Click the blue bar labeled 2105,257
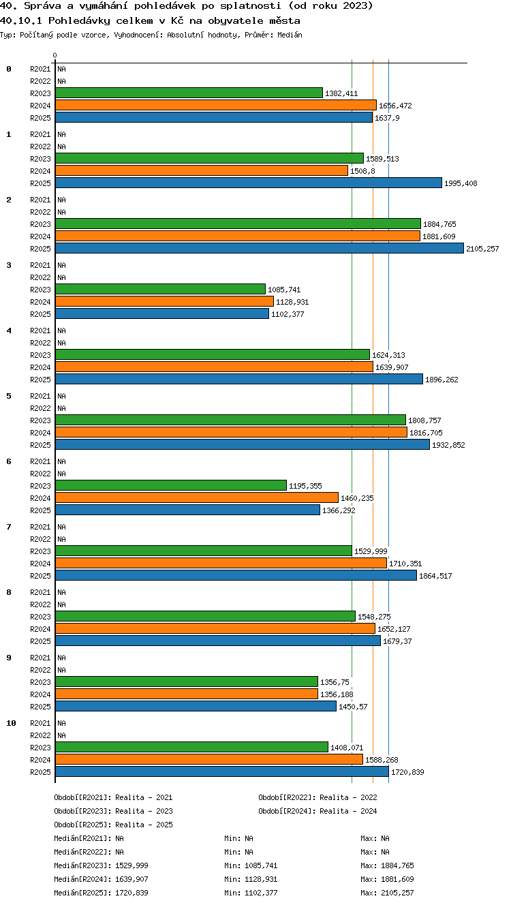click(x=260, y=248)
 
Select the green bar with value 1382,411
click(x=189, y=93)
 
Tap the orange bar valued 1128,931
click(x=164, y=301)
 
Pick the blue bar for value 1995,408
click(x=249, y=183)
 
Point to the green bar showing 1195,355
click(x=171, y=485)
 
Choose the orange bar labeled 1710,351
click(x=221, y=563)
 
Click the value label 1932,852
click(x=448, y=445)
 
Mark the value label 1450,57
click(x=353, y=707)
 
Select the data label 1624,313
click(x=388, y=355)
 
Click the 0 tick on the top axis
click(x=55, y=55)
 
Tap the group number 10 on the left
click(x=11, y=723)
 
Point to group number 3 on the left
click(x=9, y=265)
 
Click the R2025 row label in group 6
click(x=40, y=510)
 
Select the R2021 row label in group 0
click(x=40, y=69)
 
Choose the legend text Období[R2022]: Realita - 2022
click(x=318, y=797)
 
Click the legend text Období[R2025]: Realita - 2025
click(x=113, y=825)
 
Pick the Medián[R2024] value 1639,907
click(x=131, y=879)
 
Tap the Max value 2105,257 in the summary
click(x=397, y=893)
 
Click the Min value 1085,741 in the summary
click(x=261, y=865)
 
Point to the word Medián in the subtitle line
click(x=290, y=35)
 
